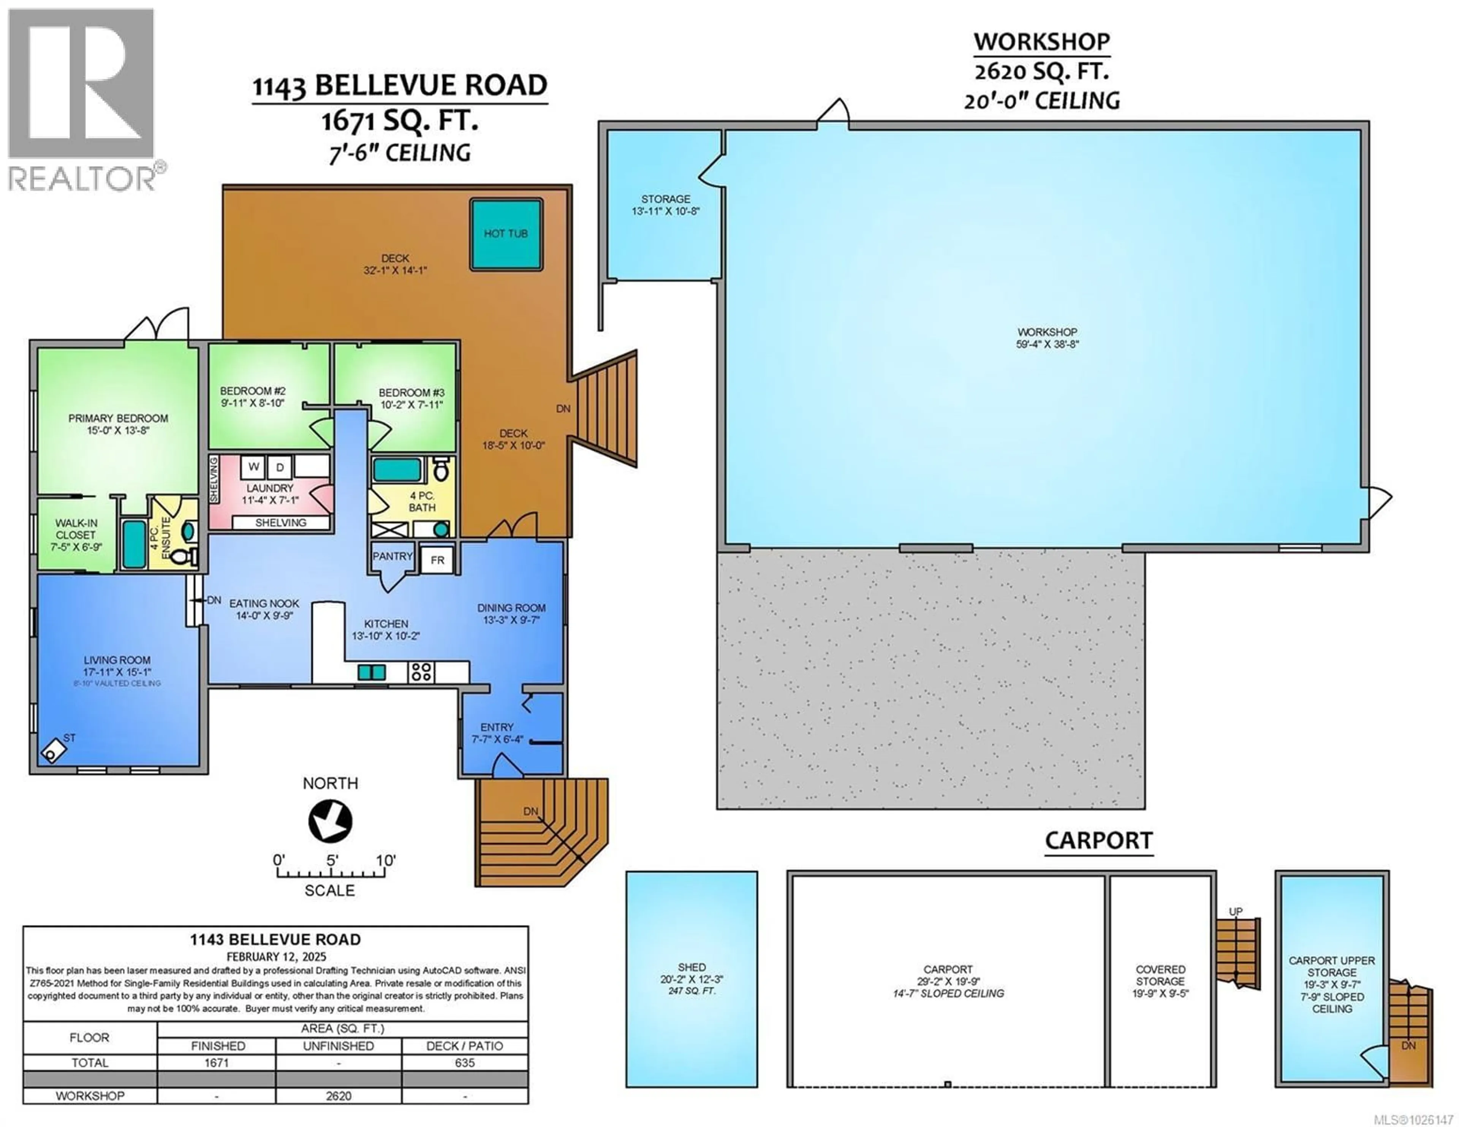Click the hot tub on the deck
[506, 234]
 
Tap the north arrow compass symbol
[330, 821]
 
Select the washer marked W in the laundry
[253, 467]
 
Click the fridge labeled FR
[438, 560]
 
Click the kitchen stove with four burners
[421, 672]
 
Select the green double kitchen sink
[372, 672]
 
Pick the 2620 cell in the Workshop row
[338, 1095]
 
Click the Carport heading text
[1098, 840]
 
